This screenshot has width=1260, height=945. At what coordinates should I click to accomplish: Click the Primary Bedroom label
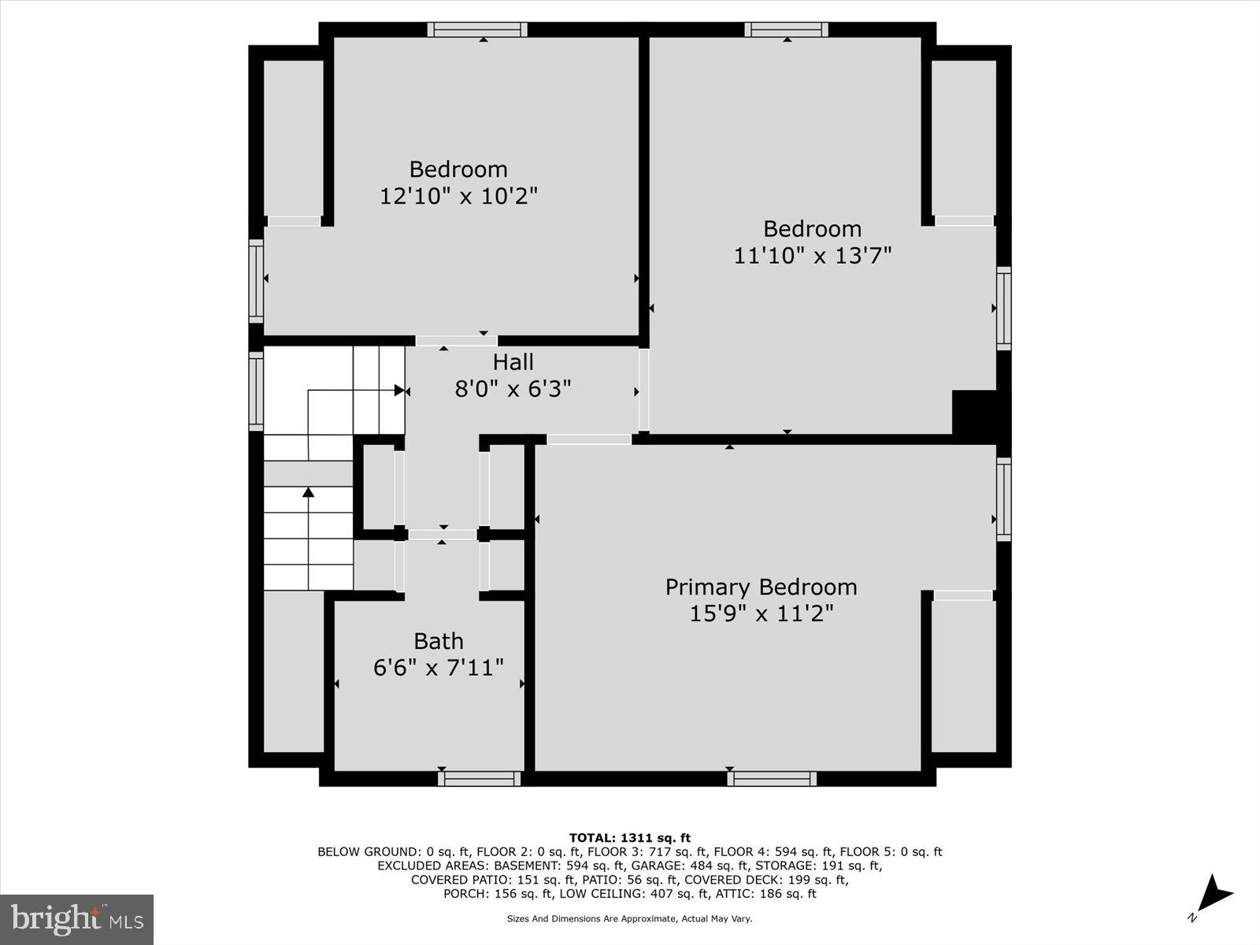[x=761, y=587]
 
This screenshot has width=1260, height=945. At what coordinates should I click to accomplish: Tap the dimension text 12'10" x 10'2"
[x=458, y=196]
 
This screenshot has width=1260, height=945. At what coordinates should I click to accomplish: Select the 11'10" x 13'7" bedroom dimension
[x=813, y=256]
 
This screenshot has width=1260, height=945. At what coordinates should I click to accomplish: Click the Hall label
[x=513, y=362]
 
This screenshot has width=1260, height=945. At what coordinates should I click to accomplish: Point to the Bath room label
[x=439, y=641]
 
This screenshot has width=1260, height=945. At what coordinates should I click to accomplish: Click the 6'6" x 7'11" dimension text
[x=439, y=669]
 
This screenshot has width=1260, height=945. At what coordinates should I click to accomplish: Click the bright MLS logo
[x=76, y=919]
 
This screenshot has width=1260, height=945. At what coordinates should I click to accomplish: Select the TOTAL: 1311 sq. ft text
[x=629, y=838]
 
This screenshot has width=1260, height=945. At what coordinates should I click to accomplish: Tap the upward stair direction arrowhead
[x=309, y=492]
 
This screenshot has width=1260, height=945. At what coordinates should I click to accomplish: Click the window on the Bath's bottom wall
[x=479, y=778]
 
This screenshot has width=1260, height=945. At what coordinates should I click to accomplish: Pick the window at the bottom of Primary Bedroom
[x=771, y=778]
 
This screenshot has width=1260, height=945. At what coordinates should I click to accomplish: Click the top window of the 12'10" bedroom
[x=478, y=30]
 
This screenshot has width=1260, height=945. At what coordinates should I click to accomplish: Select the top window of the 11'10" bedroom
[x=787, y=30]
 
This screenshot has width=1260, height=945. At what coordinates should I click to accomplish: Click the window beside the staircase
[x=256, y=391]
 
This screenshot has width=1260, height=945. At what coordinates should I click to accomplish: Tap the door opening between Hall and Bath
[x=443, y=535]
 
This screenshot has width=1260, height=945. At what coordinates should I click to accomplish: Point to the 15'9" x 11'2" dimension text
[x=761, y=613]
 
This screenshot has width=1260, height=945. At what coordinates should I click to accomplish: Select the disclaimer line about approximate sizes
[x=629, y=919]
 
